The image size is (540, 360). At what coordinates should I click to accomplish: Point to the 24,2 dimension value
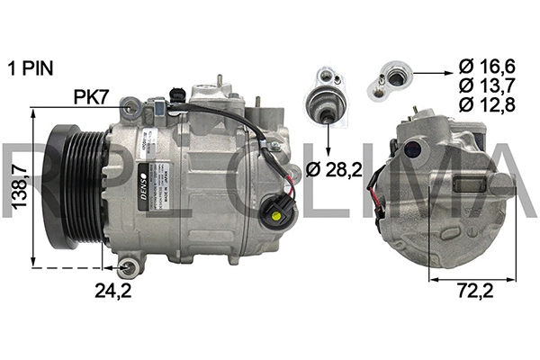[x=112, y=290]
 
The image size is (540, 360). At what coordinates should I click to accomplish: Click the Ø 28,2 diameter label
[x=334, y=169]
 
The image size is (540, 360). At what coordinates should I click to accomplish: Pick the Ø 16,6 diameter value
[x=487, y=66]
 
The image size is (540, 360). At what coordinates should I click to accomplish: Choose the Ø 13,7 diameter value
[x=487, y=85]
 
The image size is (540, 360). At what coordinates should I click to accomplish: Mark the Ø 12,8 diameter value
[x=487, y=105]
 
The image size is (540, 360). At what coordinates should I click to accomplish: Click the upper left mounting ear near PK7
[x=131, y=108]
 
